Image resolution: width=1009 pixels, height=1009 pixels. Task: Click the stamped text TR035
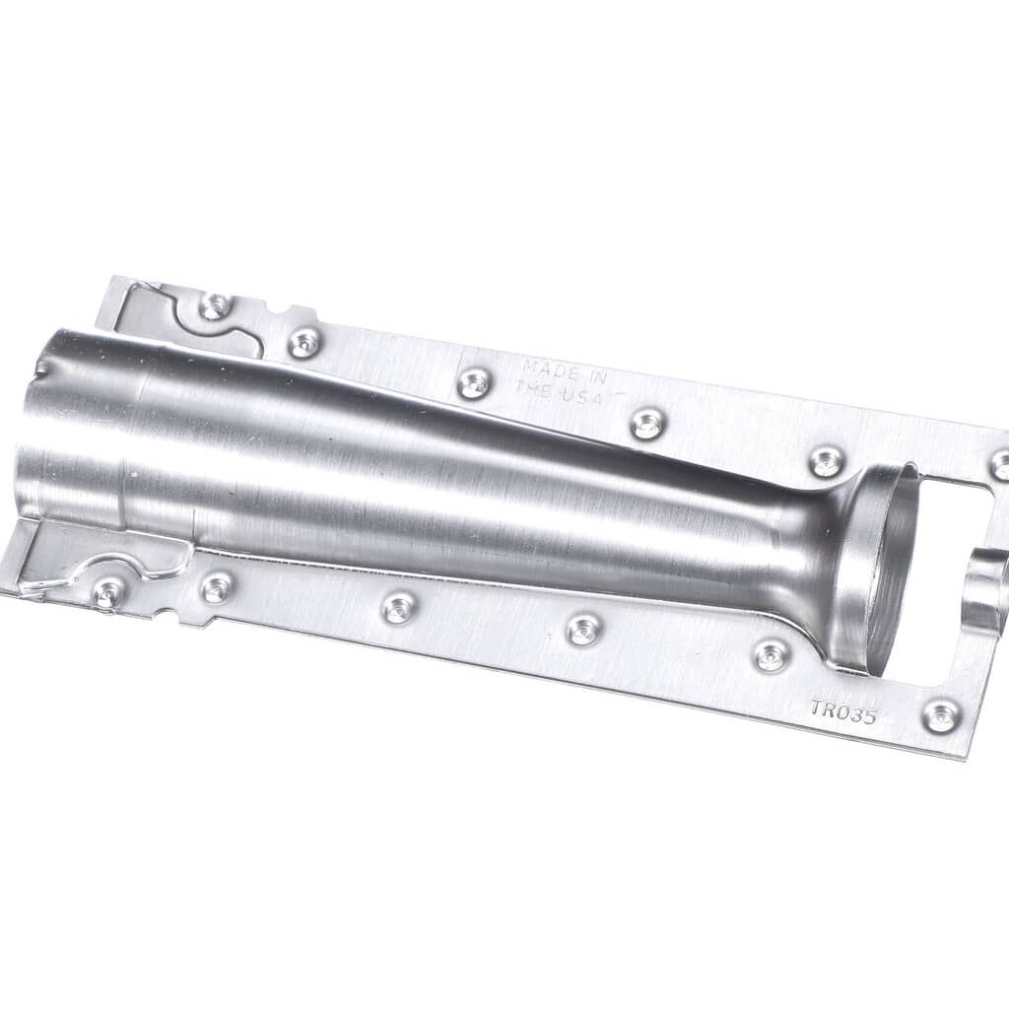(843, 712)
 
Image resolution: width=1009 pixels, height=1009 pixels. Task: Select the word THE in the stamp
(532, 388)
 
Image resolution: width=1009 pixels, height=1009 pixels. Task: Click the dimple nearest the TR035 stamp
(940, 715)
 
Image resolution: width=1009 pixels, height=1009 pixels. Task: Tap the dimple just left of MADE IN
(474, 383)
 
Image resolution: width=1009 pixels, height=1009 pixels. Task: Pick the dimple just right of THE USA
(646, 424)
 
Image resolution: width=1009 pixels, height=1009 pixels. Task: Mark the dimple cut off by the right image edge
(999, 465)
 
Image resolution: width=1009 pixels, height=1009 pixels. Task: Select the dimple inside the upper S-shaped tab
(215, 305)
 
